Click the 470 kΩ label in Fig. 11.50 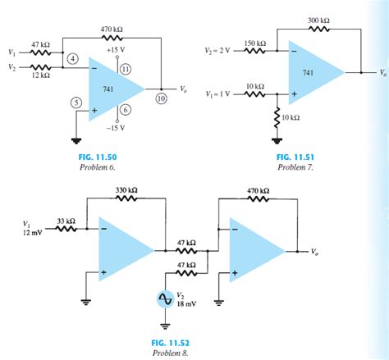coord(112,29)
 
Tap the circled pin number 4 coord(73,59)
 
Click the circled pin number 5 coord(76,103)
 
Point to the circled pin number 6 coord(126,110)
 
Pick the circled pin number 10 coord(161,97)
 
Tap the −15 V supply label coord(114,128)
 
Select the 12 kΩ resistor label coord(40,75)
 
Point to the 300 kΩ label coord(319,19)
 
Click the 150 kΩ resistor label coord(255,43)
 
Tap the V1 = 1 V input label coord(221,93)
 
